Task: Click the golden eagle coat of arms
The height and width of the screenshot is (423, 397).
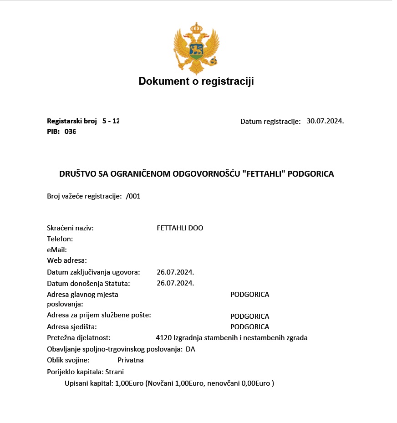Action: tap(196, 48)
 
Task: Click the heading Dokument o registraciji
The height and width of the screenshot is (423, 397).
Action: tap(196, 82)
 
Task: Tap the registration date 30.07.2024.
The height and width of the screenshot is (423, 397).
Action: tap(325, 121)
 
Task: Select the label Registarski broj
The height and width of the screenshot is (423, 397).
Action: tap(72, 121)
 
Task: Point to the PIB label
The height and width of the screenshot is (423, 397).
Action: tap(53, 132)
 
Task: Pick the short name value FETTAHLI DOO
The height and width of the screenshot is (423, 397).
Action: tap(180, 228)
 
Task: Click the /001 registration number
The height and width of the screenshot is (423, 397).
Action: tap(133, 196)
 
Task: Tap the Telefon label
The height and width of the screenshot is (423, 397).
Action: tap(60, 239)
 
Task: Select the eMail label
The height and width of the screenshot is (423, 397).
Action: tap(57, 250)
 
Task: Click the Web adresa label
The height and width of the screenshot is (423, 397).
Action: tap(67, 260)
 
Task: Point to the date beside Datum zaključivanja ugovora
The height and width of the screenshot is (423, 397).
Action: tap(175, 272)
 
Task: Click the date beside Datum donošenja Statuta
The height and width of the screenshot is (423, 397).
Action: tap(175, 283)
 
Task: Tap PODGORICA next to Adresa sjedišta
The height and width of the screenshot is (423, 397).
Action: tap(249, 326)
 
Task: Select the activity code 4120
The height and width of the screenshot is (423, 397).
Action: tap(163, 338)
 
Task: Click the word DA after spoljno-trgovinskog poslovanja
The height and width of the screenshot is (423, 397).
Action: tap(190, 349)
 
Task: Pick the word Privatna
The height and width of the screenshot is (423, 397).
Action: tap(130, 360)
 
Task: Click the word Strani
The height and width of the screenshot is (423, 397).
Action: tap(114, 372)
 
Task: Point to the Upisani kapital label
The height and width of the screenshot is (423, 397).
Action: tap(89, 383)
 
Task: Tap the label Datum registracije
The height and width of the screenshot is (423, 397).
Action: tap(270, 121)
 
